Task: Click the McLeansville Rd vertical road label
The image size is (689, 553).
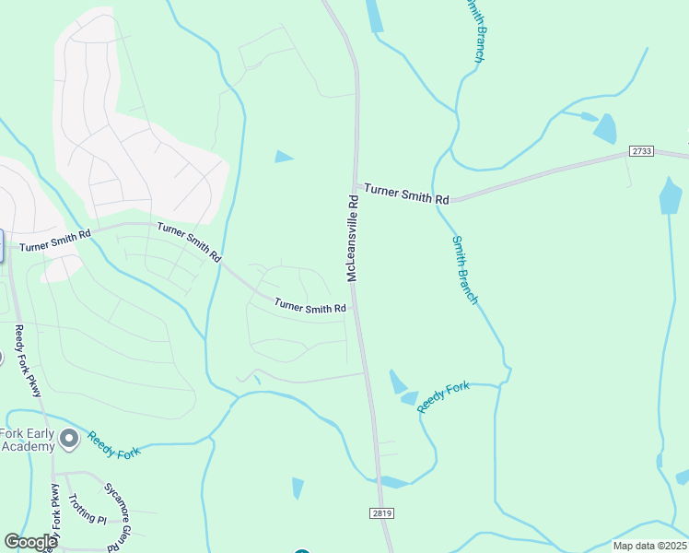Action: point(352,238)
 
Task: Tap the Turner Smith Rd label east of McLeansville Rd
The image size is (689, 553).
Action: point(406,194)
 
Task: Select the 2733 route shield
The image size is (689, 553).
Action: point(642,150)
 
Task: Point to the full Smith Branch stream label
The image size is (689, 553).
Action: point(465,269)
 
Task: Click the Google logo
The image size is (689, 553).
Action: point(30,542)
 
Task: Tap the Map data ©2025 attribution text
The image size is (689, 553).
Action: point(649,546)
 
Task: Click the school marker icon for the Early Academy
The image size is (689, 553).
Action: point(68,436)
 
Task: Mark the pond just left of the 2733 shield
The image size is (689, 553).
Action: point(605,128)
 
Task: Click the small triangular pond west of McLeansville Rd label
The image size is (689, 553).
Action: point(284,157)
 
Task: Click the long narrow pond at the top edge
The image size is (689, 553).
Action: point(374,16)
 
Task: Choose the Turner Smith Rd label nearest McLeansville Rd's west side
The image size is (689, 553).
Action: point(310,306)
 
